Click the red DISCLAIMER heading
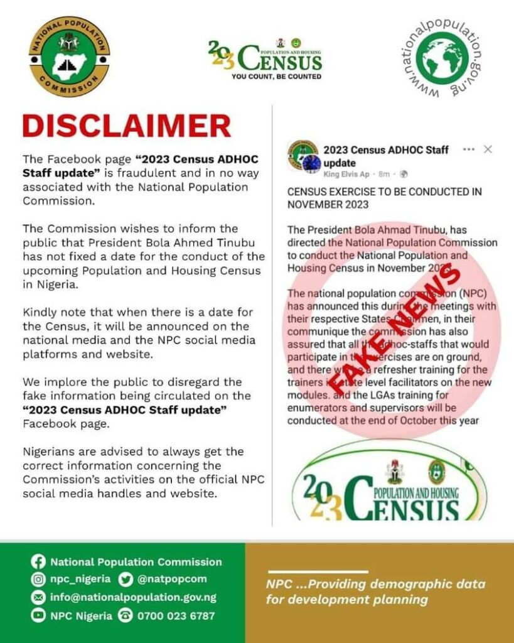127,126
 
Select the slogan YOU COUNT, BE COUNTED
276,77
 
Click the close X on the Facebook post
488,149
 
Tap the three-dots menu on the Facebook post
468,149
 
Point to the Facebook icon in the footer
38,562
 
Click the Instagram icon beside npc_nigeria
38,579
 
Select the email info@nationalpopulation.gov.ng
133,597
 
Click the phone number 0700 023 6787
175,615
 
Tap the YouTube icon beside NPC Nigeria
38,615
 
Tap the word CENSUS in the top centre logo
280,61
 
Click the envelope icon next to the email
38,597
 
